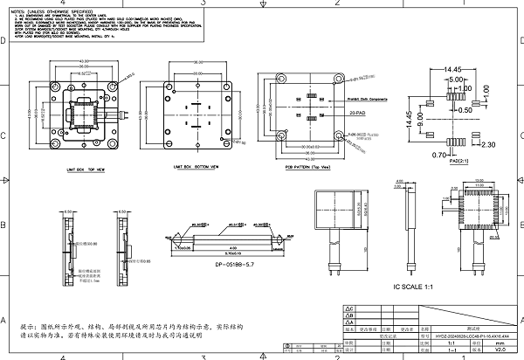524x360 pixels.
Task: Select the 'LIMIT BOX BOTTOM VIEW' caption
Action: [x=196, y=164]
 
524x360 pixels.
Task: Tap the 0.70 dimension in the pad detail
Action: [x=438, y=155]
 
